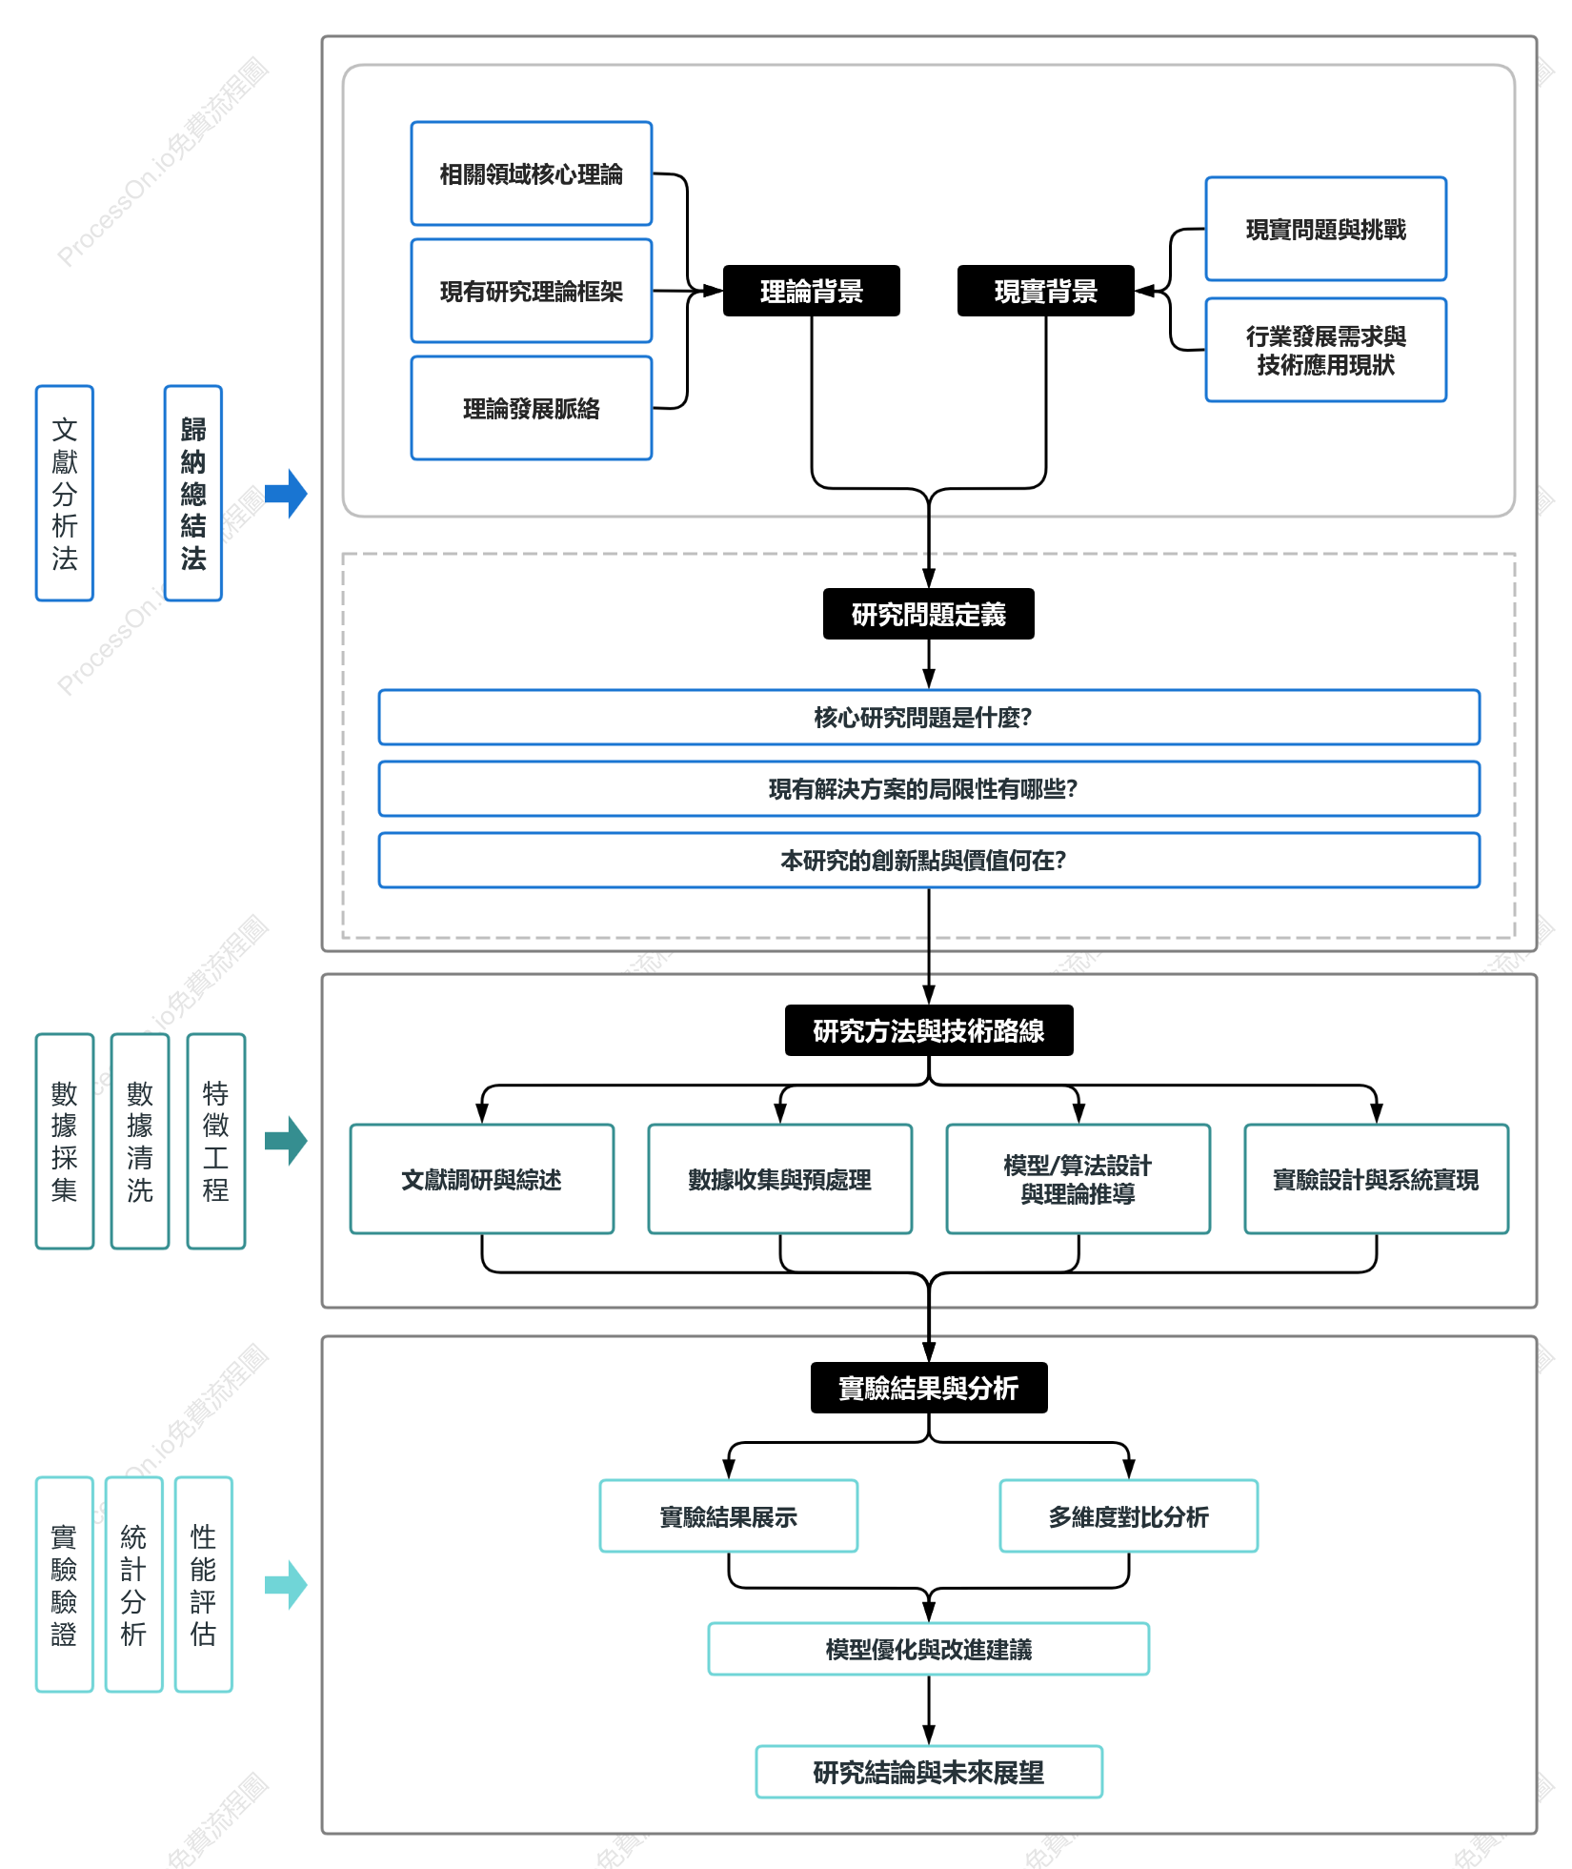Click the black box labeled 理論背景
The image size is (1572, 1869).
811,291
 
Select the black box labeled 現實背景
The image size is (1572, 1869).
1045,291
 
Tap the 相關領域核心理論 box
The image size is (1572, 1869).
532,173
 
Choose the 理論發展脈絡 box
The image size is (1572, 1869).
532,408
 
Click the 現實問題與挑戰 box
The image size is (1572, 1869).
1326,229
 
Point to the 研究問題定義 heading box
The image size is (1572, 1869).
929,614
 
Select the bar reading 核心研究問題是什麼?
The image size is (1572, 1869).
929,717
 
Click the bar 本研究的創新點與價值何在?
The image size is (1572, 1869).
929,860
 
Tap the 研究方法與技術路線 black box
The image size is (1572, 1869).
929,1030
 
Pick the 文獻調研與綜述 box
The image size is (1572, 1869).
482,1179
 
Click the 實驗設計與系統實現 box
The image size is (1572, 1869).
1377,1179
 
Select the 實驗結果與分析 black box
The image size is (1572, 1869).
929,1388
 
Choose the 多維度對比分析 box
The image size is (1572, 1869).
1129,1515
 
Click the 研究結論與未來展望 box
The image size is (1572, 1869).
929,1772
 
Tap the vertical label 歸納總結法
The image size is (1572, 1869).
193,493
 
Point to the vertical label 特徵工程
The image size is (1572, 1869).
216,1141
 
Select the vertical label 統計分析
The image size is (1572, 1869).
134,1584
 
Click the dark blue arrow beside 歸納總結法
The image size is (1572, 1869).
286,494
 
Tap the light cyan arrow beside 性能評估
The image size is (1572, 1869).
286,1585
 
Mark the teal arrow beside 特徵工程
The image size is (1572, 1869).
286,1141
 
